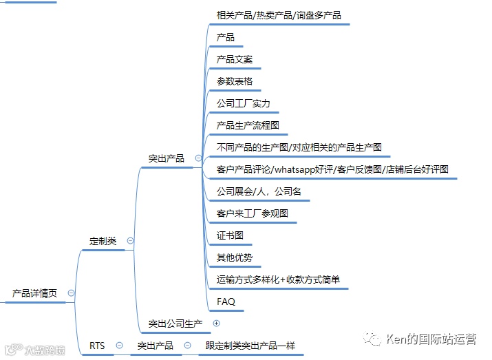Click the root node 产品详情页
[x=34, y=293]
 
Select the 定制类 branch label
[x=103, y=241]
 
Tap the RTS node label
[x=98, y=346]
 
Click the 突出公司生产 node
[x=175, y=323]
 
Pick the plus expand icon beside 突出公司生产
[x=216, y=323]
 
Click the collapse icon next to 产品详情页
[x=71, y=293]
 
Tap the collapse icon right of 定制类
[x=130, y=241]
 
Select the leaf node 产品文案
[x=235, y=59]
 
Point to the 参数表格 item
[x=235, y=81]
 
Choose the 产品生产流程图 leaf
[x=248, y=125]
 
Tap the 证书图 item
[x=230, y=235]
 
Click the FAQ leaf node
[x=226, y=301]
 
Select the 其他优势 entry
[x=235, y=257]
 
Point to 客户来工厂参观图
[x=253, y=213]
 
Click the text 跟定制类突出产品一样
[x=250, y=346]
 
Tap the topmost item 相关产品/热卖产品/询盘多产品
[x=279, y=15]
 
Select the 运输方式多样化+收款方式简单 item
[x=278, y=279]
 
